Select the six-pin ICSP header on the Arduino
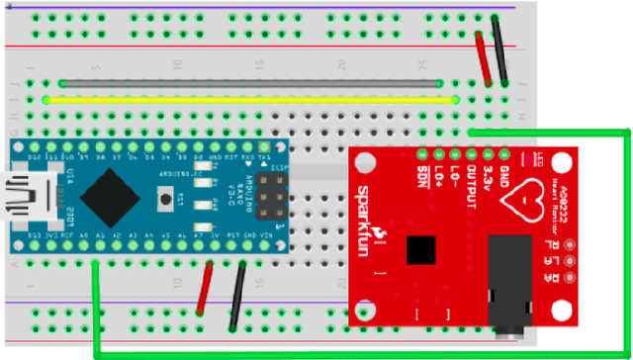pyautogui.click(x=270, y=194)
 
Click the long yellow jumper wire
pyautogui.click(x=252, y=99)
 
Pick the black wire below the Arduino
pyautogui.click(x=237, y=296)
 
